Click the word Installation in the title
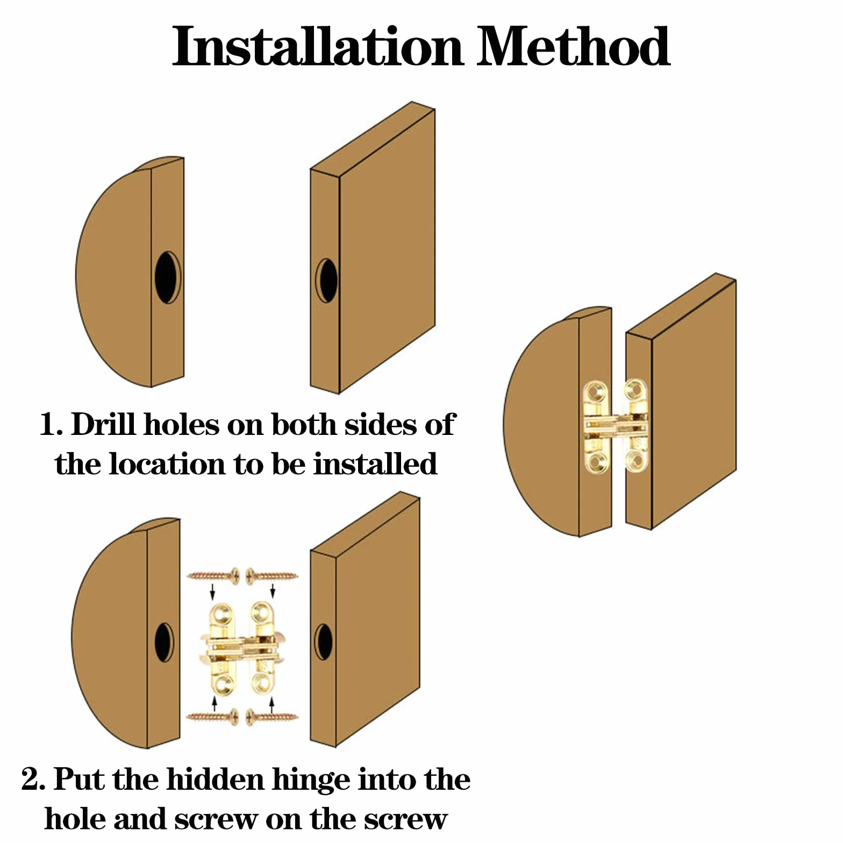(318, 47)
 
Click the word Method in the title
(573, 47)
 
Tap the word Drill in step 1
(103, 424)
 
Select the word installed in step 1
(375, 463)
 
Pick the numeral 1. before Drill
(52, 424)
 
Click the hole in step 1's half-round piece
(167, 277)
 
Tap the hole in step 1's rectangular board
(326, 280)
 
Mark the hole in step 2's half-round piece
(164, 642)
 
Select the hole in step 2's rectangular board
(324, 642)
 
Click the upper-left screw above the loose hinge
(213, 576)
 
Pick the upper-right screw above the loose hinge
(272, 576)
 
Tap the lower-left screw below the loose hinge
(213, 716)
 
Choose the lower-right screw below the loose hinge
(272, 716)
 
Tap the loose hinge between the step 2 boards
(242, 647)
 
